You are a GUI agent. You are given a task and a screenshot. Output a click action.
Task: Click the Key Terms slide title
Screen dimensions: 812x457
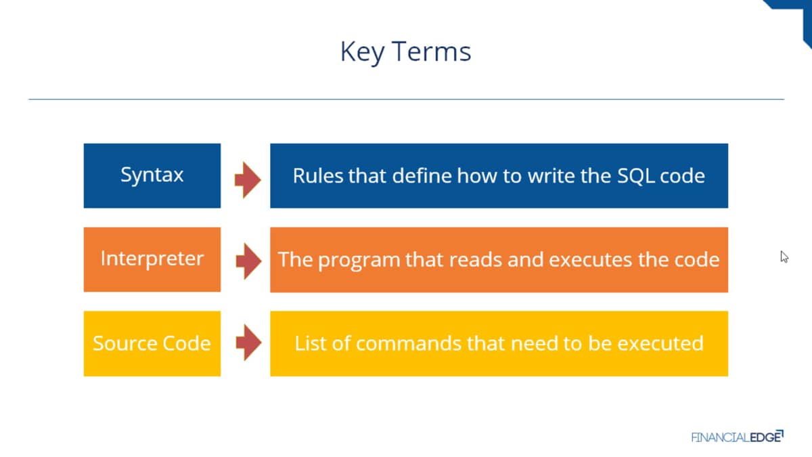pos(405,52)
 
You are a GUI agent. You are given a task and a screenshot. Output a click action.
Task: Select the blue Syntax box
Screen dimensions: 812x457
pos(152,175)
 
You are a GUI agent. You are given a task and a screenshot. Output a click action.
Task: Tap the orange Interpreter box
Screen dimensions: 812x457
pos(152,259)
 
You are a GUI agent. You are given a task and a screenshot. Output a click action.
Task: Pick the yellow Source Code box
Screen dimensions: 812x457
pos(152,343)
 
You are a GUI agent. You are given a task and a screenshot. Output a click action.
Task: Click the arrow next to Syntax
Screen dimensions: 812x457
pos(248,180)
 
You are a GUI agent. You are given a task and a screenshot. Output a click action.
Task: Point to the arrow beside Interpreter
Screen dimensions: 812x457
pos(248,261)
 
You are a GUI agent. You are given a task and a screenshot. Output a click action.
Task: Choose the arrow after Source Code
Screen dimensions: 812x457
pos(248,342)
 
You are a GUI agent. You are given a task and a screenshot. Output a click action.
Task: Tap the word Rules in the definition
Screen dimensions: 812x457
pos(318,176)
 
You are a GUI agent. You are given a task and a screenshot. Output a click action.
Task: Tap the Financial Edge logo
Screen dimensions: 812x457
pos(738,437)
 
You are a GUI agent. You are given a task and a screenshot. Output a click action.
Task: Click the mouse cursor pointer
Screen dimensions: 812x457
pos(784,257)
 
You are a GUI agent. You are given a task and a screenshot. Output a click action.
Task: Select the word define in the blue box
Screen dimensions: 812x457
pos(421,176)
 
